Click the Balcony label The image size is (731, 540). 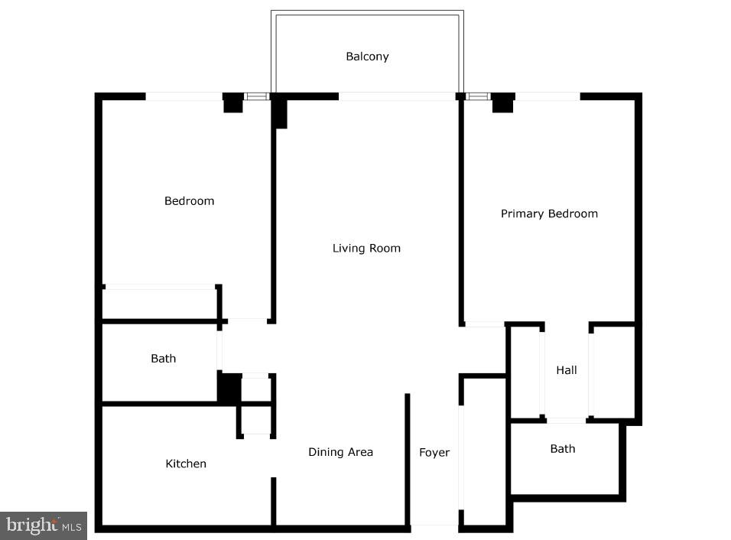click(x=367, y=57)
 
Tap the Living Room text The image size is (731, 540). click(x=366, y=248)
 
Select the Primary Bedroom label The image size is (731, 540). click(x=549, y=213)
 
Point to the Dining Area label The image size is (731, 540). click(x=340, y=452)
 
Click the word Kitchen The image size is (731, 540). click(x=186, y=464)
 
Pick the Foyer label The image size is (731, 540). click(x=434, y=453)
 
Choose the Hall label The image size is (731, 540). click(x=567, y=370)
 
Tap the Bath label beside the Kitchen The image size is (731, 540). click(x=163, y=358)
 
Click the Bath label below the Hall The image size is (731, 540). click(x=563, y=449)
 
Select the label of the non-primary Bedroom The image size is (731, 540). click(x=189, y=201)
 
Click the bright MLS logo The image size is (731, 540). click(x=44, y=525)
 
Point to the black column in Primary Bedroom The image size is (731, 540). click(x=502, y=103)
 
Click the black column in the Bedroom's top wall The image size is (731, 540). click(x=232, y=104)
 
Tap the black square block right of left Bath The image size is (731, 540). click(x=229, y=387)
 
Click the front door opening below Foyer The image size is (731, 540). click(x=434, y=525)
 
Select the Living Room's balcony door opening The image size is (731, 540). click(x=397, y=96)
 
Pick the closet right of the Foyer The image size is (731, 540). click(x=485, y=451)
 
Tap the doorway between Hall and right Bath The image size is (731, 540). click(x=567, y=420)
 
